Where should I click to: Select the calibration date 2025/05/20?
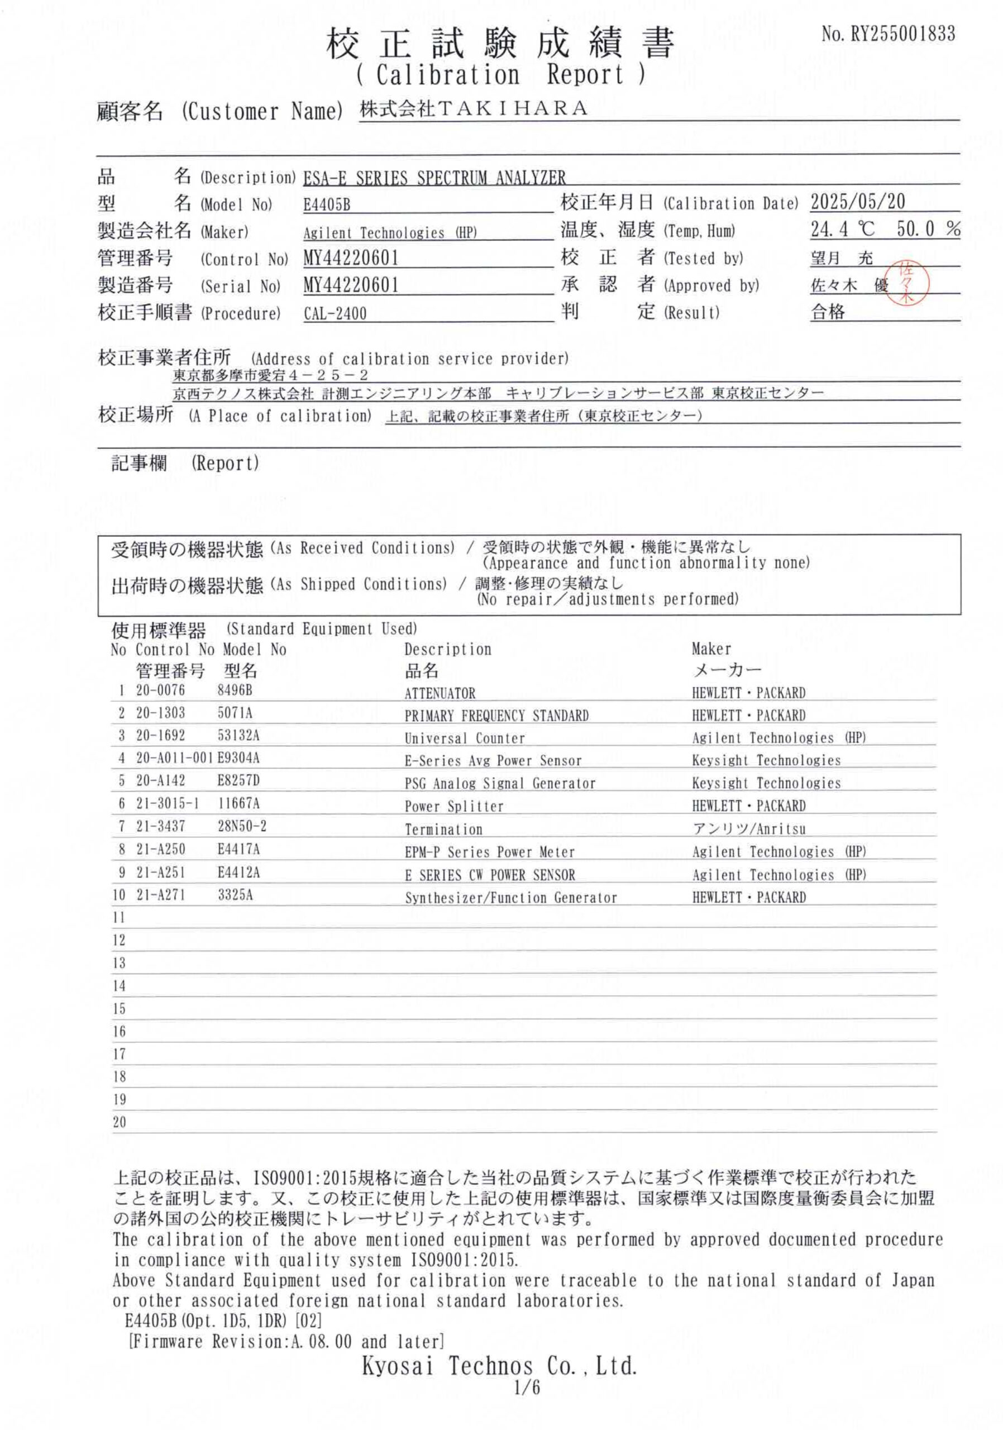click(857, 202)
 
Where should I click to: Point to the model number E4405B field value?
click(327, 206)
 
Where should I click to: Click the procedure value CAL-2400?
click(335, 313)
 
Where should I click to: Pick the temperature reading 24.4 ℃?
click(842, 230)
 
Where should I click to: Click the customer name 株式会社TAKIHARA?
click(473, 109)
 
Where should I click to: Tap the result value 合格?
click(828, 312)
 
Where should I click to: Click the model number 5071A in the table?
click(235, 713)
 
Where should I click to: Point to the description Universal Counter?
click(465, 738)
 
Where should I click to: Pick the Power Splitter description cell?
click(454, 807)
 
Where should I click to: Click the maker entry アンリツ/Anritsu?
click(748, 829)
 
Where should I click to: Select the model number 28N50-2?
click(242, 827)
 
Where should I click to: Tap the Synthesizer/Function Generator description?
click(510, 898)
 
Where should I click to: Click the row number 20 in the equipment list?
click(119, 1122)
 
